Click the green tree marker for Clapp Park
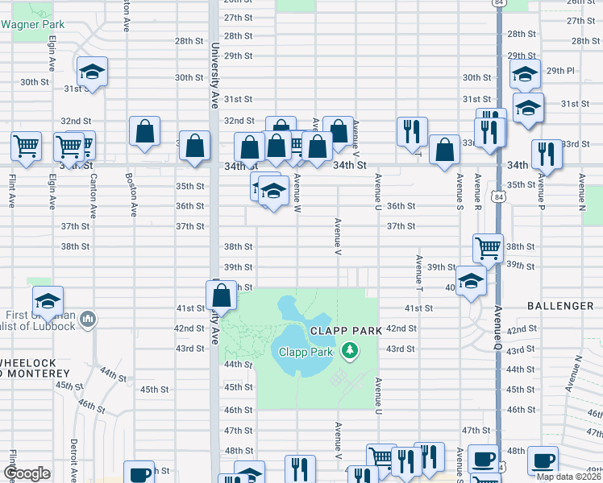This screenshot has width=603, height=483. pyautogui.click(x=349, y=350)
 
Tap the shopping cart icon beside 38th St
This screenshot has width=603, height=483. pyautogui.click(x=488, y=247)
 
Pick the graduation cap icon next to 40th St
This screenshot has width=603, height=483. pyautogui.click(x=470, y=281)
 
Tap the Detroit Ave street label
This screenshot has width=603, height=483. pyautogui.click(x=73, y=460)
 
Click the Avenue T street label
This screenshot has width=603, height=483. pyautogui.click(x=419, y=274)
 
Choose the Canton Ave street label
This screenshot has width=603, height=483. pyautogui.click(x=93, y=196)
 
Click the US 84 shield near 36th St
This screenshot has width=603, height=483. pyautogui.click(x=498, y=197)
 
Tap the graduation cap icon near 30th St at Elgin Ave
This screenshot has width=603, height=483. pyautogui.click(x=92, y=72)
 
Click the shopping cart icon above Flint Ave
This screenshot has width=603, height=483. pyautogui.click(x=26, y=147)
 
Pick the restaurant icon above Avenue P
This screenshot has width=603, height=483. pyautogui.click(x=546, y=154)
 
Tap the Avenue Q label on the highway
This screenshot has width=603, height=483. pyautogui.click(x=498, y=326)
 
